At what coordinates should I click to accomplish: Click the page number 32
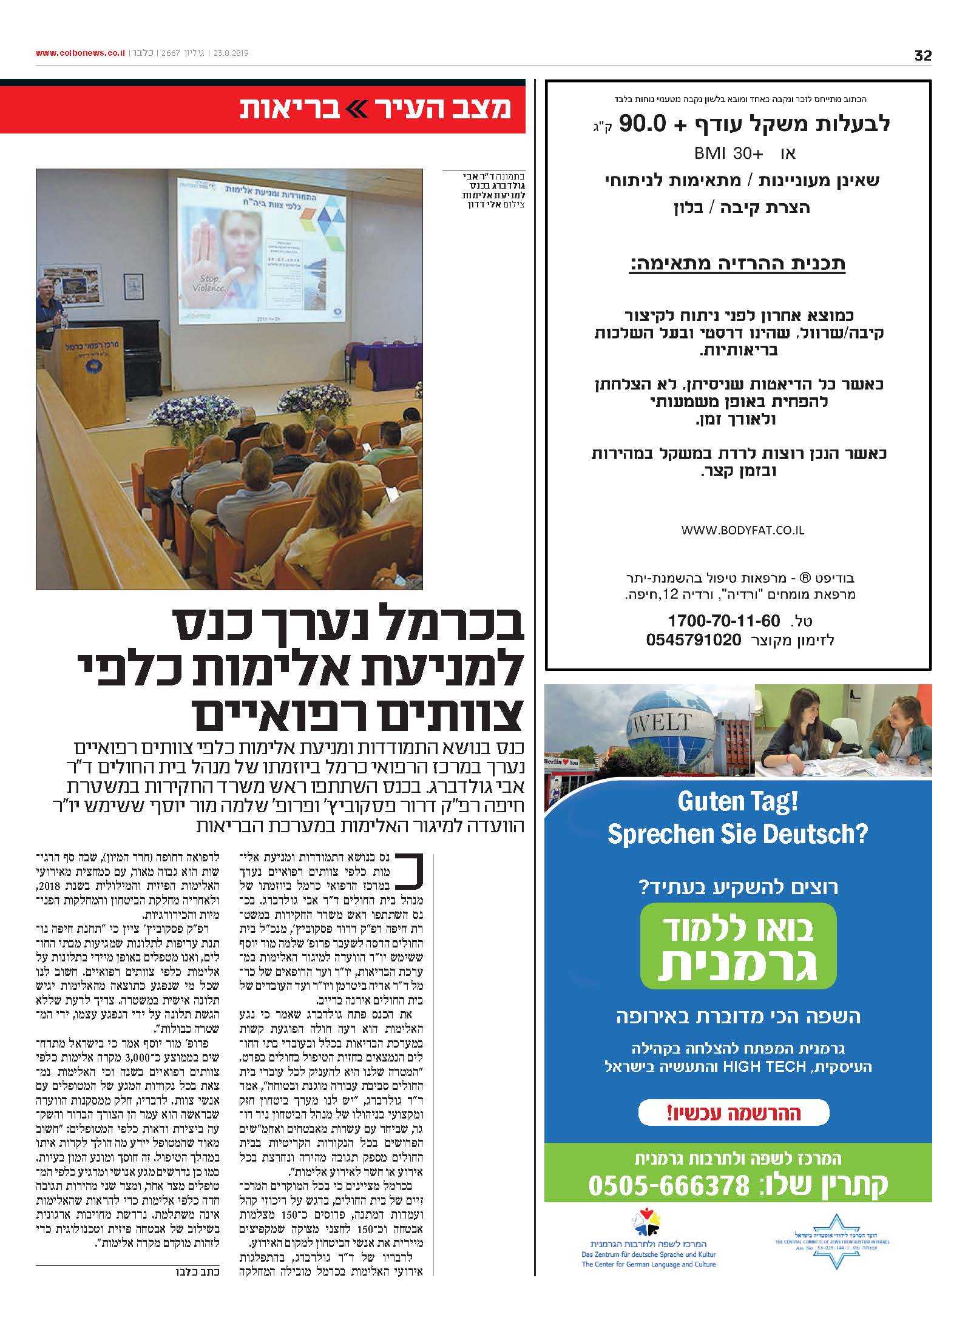coord(922,56)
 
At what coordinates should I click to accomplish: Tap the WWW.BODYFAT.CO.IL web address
coord(742,530)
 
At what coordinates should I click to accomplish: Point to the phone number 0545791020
coord(694,640)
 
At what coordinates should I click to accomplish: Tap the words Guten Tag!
coord(737,802)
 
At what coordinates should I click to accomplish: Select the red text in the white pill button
coord(734,1112)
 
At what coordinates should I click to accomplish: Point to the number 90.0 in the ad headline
coord(644,124)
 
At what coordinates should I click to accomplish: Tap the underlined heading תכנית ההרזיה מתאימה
coord(737,264)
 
